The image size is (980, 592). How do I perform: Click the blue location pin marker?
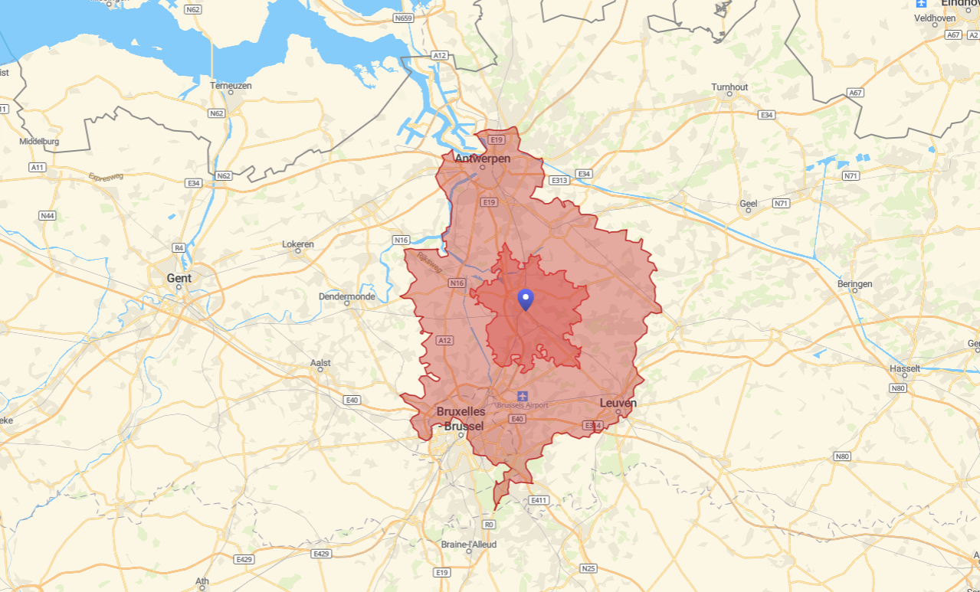526,299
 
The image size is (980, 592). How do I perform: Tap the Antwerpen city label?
482,159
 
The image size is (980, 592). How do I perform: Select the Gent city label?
179,278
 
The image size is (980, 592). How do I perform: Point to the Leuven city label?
618,403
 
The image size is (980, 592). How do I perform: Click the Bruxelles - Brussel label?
461,419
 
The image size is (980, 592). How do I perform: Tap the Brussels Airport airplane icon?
523,396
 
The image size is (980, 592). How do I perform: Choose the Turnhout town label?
729,87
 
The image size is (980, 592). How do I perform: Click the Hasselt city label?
905,368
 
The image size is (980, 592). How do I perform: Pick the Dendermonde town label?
347,296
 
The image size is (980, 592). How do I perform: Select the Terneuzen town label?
231,86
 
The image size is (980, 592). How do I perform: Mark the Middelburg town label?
39,142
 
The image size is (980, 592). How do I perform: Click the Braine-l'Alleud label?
469,545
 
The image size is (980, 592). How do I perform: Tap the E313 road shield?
558,181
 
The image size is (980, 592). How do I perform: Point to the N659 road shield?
403,18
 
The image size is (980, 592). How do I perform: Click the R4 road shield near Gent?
179,247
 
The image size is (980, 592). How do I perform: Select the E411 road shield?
539,500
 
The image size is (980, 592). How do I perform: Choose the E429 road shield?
321,553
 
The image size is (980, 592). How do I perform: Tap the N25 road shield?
588,568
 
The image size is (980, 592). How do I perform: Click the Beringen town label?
854,284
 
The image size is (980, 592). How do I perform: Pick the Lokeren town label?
298,244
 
